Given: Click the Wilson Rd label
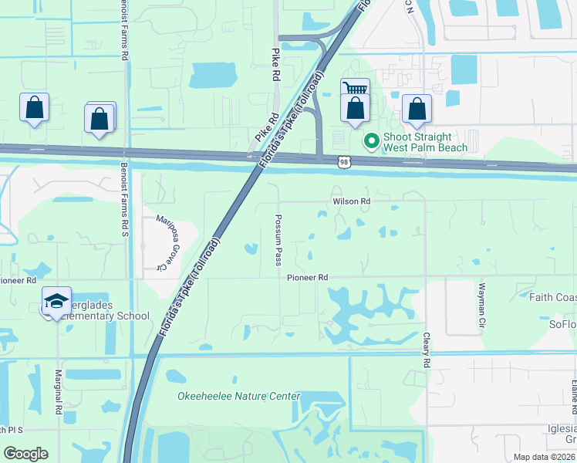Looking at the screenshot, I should click(352, 201).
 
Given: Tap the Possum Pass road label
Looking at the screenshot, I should click(278, 240).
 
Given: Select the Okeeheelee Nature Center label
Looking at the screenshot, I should click(238, 397).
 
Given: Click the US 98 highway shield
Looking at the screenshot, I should click(343, 161).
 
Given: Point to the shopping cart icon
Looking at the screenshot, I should click(355, 89).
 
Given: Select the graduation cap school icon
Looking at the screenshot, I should click(56, 301).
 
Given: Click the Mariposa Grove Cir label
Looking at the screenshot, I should click(164, 242).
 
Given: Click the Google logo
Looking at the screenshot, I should click(25, 454).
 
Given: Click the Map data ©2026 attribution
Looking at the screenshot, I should click(544, 457).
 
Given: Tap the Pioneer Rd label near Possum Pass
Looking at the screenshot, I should click(308, 277).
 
